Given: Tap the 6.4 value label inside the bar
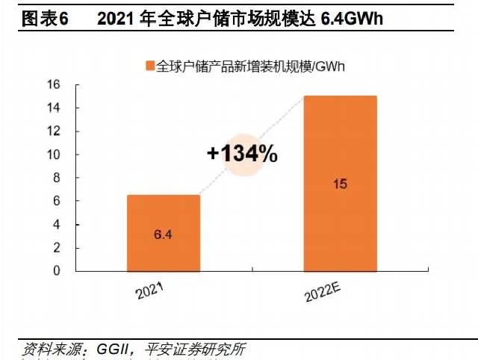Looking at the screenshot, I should coord(163,235).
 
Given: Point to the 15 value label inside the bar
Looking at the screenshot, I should coord(340,184).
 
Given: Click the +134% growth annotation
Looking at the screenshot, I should coord(243,155).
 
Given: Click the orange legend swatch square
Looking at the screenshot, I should coord(149,66).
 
